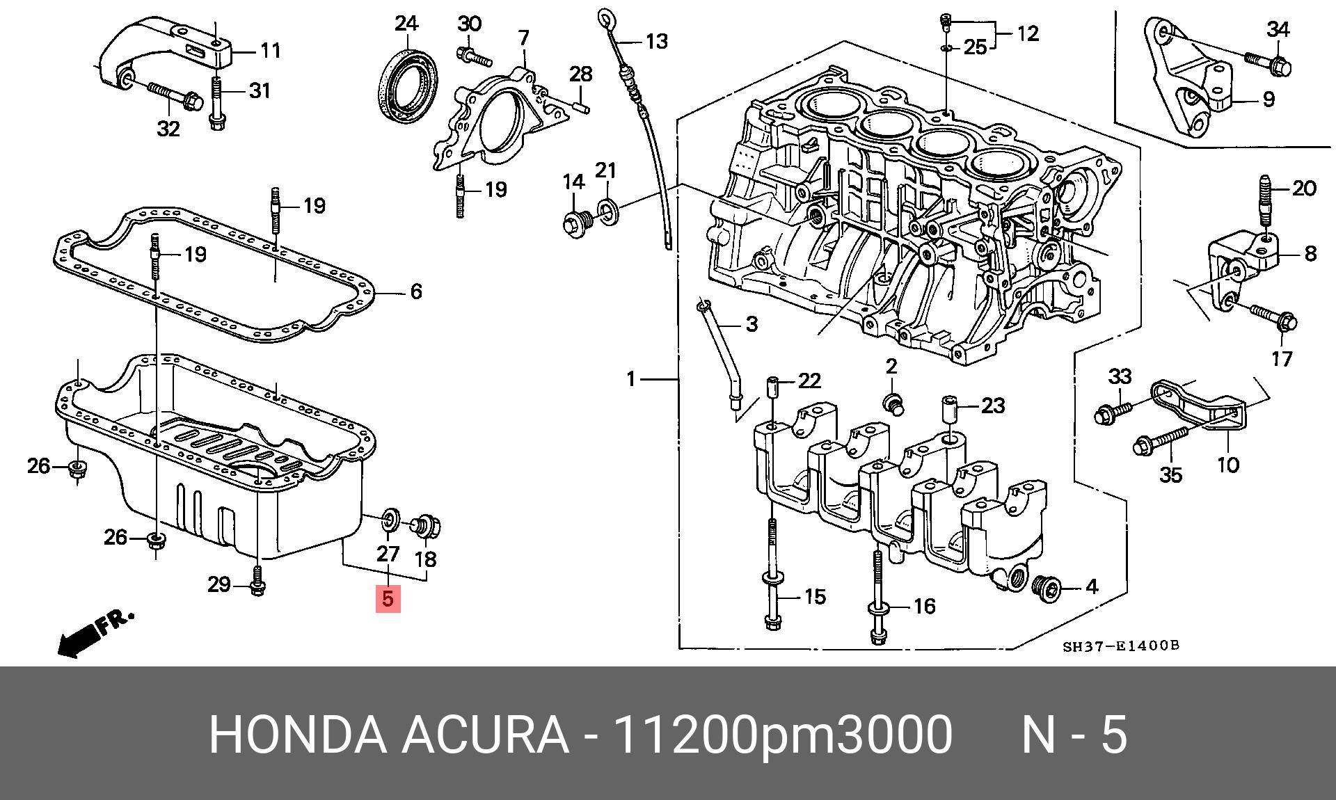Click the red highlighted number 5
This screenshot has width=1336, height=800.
(x=388, y=598)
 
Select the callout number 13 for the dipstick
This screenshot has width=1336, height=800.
(x=656, y=41)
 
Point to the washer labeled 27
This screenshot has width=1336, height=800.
(x=390, y=520)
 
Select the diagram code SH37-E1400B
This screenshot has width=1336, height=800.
(x=1120, y=646)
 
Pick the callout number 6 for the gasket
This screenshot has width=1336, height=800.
(x=415, y=291)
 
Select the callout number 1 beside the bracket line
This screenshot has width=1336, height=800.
(x=630, y=379)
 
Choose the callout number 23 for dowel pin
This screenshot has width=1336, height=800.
(x=992, y=405)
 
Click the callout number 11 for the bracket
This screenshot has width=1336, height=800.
(x=270, y=50)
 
